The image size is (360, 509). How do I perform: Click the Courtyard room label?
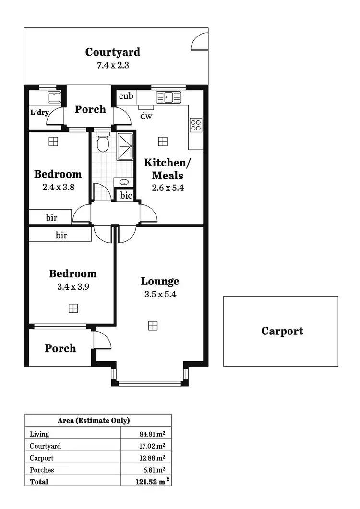tap(113, 52)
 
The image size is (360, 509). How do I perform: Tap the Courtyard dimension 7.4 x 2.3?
tap(113, 65)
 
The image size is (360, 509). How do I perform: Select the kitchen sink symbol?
tap(168, 97)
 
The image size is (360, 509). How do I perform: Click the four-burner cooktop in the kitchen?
tap(196, 125)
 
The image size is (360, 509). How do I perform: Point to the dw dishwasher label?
tap(146, 116)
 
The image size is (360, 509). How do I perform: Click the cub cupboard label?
tap(126, 96)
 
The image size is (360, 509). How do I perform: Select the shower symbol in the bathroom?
tap(125, 146)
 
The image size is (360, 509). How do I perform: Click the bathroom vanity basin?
tap(124, 182)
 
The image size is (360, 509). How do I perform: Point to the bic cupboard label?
tap(126, 196)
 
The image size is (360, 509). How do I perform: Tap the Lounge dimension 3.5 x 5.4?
tap(160, 295)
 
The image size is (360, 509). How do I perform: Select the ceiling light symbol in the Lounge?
tap(153, 326)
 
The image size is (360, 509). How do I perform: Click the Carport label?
tap(282, 331)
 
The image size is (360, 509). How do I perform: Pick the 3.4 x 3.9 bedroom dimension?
tap(72, 287)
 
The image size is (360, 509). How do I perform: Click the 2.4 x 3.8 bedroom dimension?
tap(58, 188)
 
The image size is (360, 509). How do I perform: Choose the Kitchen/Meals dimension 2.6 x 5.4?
tap(168, 188)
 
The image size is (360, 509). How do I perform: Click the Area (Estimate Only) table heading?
tap(94, 421)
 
